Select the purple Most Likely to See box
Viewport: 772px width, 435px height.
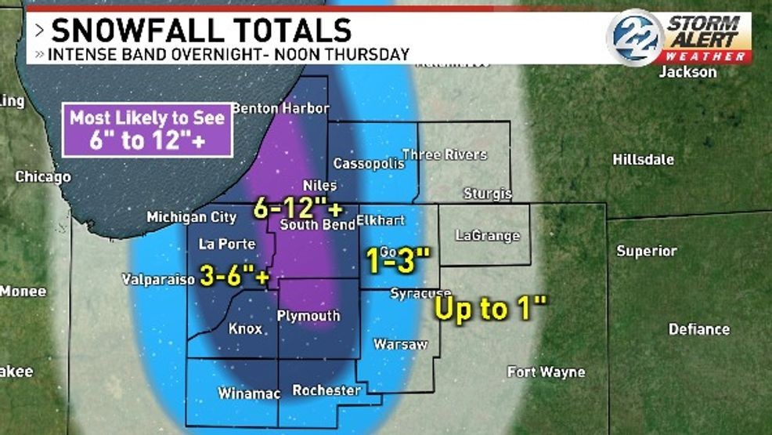coord(147,129)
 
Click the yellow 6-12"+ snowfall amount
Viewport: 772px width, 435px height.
coord(298,208)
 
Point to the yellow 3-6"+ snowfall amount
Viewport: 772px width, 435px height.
coord(236,277)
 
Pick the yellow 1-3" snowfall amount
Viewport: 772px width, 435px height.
coord(399,259)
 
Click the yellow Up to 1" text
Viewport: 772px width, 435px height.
coord(489,309)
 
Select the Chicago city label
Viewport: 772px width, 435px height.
coord(43,177)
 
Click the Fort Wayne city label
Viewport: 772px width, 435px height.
coord(546,372)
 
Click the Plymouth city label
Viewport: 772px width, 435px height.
coord(309,316)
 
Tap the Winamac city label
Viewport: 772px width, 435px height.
coord(249,393)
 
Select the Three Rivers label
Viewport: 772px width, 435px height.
coord(444,154)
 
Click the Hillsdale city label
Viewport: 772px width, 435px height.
coord(643,159)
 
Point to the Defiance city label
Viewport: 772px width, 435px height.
coord(698,329)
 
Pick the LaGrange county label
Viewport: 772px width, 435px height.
coord(487,235)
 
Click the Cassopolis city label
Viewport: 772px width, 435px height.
coord(369,164)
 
